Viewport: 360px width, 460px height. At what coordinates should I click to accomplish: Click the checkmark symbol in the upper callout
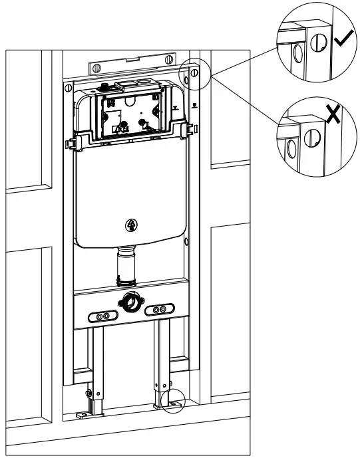(x=343, y=41)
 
